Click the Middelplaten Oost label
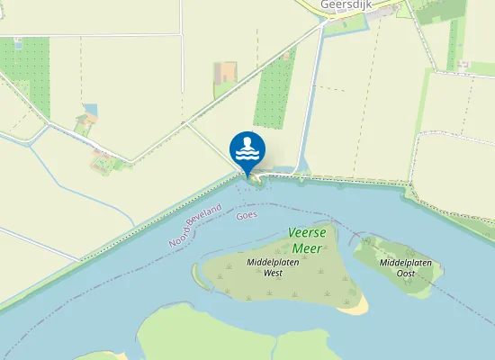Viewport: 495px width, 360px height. (405, 267)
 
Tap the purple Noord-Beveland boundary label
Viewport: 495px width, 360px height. (194, 226)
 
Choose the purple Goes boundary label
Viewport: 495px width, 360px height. (247, 216)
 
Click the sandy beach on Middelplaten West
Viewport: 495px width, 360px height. (357, 306)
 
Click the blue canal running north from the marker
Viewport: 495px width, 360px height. (310, 99)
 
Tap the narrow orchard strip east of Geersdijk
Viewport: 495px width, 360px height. (453, 45)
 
